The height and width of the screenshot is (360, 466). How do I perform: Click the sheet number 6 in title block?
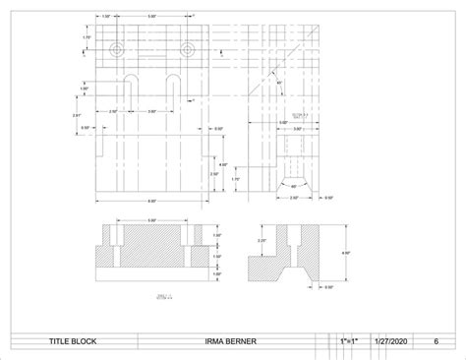coord(436,343)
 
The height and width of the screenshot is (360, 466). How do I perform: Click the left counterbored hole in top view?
coord(118,49)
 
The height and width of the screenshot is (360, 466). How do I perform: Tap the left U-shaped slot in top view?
coord(130,85)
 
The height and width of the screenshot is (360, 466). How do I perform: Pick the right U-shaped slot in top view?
coord(172,85)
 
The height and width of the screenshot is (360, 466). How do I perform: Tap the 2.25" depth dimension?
coord(261,240)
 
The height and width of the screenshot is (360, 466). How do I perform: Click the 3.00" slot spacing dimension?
coord(152,111)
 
